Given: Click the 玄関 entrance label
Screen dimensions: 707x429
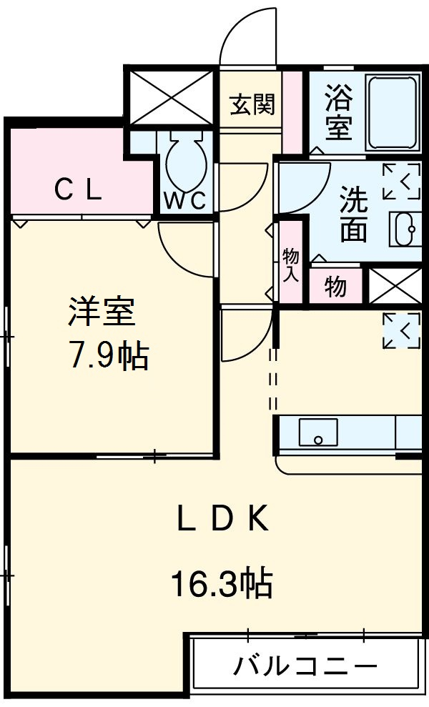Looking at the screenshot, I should point(252,105).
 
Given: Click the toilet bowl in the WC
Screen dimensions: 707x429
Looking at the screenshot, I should point(186,162).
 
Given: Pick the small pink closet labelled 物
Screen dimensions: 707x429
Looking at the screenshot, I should point(335,287).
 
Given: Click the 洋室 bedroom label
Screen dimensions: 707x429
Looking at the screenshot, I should point(102,312).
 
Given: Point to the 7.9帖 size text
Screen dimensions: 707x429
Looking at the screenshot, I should point(108,355).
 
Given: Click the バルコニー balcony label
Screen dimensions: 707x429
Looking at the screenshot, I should point(305,667).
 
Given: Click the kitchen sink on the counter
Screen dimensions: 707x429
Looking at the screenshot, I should point(317,431).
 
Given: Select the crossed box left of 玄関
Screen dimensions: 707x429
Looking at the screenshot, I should point(171,96).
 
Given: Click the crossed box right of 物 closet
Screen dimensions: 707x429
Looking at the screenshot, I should point(394,286).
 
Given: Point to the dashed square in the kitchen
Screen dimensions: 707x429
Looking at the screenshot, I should point(401,330).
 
